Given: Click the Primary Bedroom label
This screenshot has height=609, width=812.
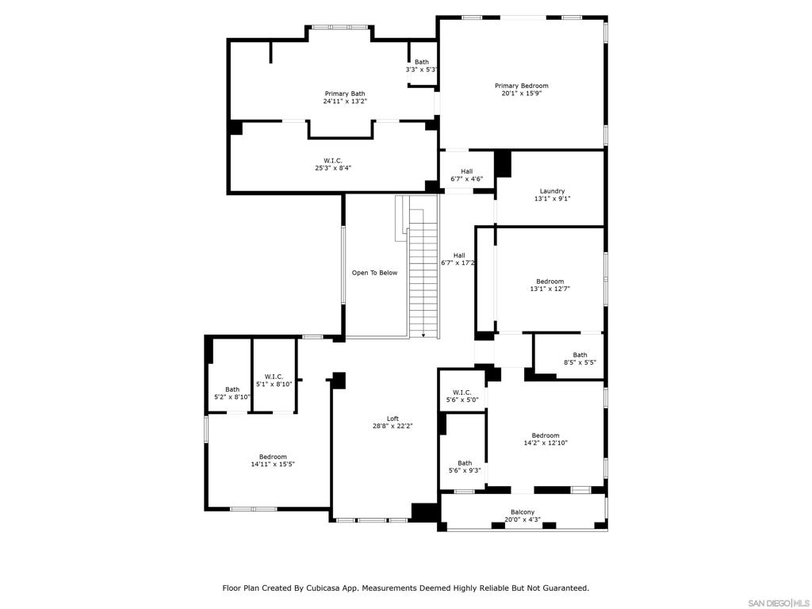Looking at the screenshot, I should (x=521, y=86).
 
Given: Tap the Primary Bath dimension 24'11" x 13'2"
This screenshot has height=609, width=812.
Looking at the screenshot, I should (x=345, y=101).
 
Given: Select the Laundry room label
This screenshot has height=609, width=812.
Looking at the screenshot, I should (x=552, y=191).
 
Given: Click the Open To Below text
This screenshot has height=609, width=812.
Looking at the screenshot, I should (x=374, y=273).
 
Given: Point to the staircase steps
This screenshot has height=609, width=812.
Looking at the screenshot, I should (x=423, y=278).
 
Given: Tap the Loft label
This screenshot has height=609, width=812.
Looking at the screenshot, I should (x=393, y=419).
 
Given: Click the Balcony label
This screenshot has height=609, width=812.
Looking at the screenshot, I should (x=522, y=512).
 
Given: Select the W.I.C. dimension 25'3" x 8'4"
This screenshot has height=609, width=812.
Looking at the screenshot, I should (x=333, y=168).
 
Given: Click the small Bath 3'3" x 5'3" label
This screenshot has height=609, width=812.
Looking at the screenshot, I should (x=421, y=62).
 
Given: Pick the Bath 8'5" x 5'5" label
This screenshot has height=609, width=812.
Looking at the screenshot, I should (x=580, y=355).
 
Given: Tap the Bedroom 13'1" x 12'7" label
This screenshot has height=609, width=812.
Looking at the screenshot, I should (x=550, y=282).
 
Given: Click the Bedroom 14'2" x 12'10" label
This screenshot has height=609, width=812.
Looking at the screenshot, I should (x=545, y=435).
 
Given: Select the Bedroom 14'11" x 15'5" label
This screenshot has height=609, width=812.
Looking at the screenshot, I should (x=272, y=457).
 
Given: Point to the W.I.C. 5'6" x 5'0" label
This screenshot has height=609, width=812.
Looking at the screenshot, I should (x=462, y=393).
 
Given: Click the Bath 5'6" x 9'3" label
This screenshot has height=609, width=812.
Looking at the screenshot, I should (x=464, y=463).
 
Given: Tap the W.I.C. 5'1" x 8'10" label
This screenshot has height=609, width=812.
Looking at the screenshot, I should (x=274, y=377).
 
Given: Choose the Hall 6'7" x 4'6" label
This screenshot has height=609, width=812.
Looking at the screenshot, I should (x=466, y=171).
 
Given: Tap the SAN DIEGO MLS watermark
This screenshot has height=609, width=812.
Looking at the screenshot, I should (x=778, y=603).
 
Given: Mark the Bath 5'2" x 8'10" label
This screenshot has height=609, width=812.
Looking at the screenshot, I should (x=232, y=389).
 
